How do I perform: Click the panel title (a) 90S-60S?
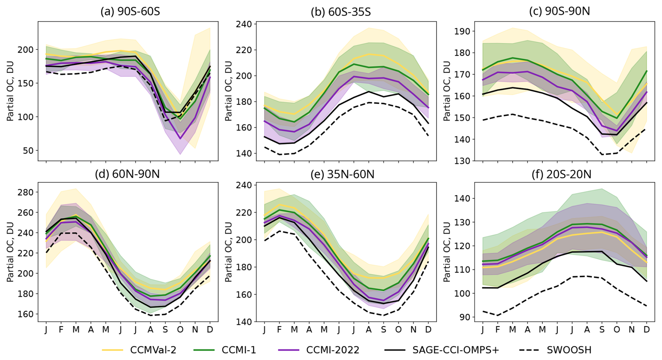(x=130, y=12)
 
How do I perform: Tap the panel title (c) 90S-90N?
(x=559, y=12)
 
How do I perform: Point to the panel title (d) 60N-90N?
(x=127, y=174)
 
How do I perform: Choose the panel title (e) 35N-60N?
(x=342, y=174)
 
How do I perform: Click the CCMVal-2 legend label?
(x=153, y=350)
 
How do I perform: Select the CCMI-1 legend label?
(x=239, y=350)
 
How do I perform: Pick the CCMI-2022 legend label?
(x=332, y=350)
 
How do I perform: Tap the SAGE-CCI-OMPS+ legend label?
(x=456, y=350)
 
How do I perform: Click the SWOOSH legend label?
(x=569, y=350)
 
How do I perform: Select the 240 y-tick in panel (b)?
(x=244, y=24)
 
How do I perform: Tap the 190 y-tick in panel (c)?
(x=462, y=31)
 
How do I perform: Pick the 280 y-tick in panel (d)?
(x=26, y=192)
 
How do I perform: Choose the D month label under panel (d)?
(x=210, y=330)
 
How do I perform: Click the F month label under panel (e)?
(x=279, y=330)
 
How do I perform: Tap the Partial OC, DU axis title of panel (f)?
(x=446, y=252)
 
